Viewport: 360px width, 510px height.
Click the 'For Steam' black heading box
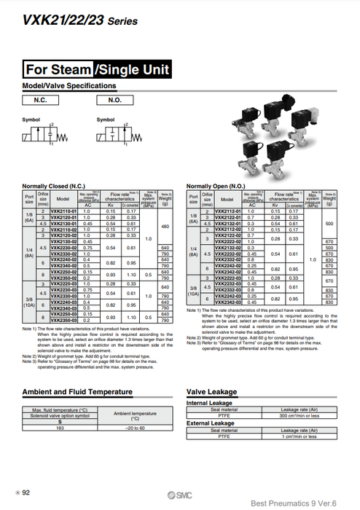coord(58,70)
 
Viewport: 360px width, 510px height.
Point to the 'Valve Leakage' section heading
coord(212,392)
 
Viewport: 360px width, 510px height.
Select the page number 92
coord(26,493)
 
